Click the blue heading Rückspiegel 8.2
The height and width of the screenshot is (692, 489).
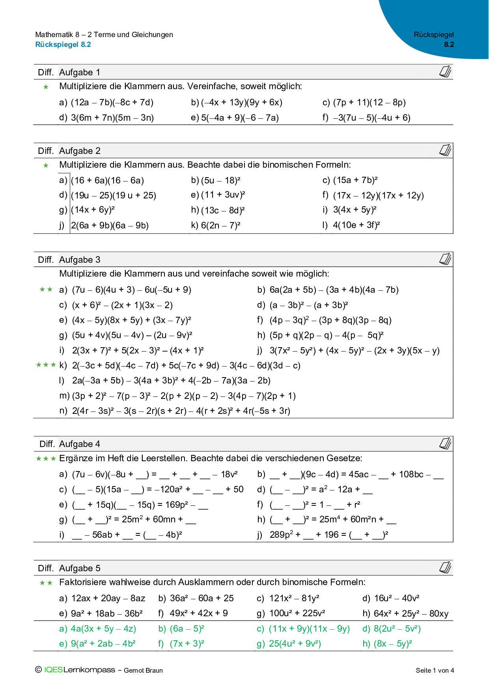click(63, 45)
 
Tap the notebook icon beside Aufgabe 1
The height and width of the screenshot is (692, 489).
click(445, 72)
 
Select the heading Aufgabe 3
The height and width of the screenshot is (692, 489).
click(80, 260)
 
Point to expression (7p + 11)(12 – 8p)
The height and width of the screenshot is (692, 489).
click(369, 103)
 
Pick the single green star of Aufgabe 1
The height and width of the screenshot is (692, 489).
click(46, 87)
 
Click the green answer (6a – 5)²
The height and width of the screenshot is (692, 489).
click(187, 628)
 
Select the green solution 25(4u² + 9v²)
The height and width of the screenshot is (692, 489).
click(295, 643)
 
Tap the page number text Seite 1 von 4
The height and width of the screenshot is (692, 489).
click(435, 670)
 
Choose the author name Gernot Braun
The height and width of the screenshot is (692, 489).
click(143, 670)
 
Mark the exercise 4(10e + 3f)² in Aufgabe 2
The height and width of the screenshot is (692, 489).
click(356, 225)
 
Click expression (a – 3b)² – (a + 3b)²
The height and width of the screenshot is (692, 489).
click(308, 305)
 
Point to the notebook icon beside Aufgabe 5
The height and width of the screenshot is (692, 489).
click(445, 568)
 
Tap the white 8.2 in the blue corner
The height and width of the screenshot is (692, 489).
click(449, 45)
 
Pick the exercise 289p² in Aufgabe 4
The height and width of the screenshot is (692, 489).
click(281, 535)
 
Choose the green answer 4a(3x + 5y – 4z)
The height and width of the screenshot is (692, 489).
click(103, 628)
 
